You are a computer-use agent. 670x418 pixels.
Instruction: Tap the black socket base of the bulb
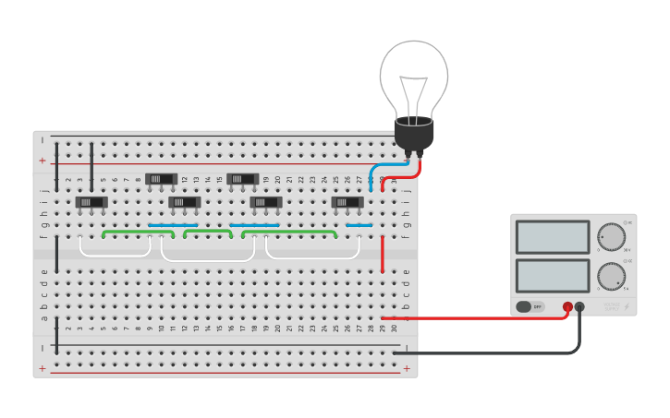coord(414,135)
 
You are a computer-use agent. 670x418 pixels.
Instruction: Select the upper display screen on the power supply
coord(553,237)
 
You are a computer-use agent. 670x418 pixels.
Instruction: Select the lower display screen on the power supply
coord(553,276)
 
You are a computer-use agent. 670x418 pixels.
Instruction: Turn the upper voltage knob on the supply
coord(610,236)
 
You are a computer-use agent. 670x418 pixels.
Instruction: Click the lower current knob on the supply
coord(610,276)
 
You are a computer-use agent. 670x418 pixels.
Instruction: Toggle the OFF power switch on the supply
coord(530,306)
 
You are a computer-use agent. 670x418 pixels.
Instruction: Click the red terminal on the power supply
coord(567,307)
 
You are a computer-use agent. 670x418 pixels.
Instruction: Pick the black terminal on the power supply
coord(579,307)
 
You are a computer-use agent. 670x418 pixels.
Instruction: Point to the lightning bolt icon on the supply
coord(626,305)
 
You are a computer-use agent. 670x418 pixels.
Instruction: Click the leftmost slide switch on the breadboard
coord(91,202)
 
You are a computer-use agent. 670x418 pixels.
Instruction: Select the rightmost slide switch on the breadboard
coord(347,202)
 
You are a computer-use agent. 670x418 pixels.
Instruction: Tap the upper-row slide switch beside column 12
coord(161,179)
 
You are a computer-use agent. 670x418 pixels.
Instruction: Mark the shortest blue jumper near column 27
coord(359,225)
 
